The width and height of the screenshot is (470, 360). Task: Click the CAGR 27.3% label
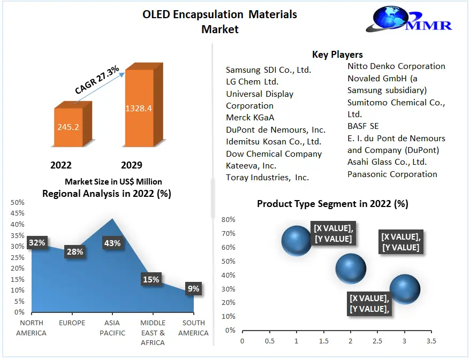click(x=96, y=80)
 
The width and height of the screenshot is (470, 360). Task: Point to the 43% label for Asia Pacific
click(x=112, y=243)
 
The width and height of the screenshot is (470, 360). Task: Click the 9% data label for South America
click(x=193, y=289)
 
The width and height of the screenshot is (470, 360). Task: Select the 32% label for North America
click(x=37, y=242)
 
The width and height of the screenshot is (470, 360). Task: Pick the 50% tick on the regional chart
click(x=18, y=202)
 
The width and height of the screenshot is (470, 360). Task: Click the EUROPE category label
click(x=72, y=323)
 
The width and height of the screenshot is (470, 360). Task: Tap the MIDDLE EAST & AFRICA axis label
click(x=153, y=333)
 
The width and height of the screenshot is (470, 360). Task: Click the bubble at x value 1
click(x=296, y=241)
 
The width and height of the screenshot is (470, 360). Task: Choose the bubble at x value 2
click(x=351, y=269)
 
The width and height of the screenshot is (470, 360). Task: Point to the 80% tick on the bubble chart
click(x=229, y=219)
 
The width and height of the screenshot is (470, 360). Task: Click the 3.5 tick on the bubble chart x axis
click(x=431, y=341)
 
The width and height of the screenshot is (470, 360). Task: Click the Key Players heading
click(x=337, y=55)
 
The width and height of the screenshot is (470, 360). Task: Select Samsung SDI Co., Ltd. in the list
click(x=268, y=70)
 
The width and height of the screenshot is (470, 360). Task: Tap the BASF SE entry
click(x=363, y=126)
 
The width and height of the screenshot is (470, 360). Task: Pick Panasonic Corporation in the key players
click(x=392, y=174)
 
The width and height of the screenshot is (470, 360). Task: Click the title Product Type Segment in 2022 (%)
click(x=332, y=204)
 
